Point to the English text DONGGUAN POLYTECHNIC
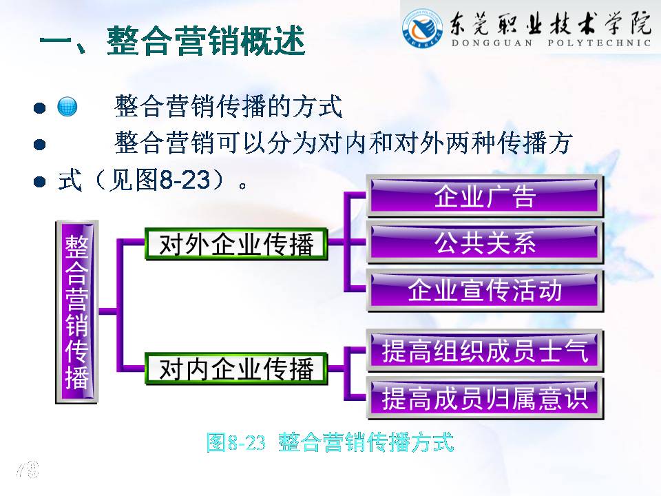tap(551, 43)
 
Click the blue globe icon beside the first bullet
tap(67, 106)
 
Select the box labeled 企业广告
tap(485, 196)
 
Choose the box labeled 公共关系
tap(485, 243)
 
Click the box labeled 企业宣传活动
tap(485, 291)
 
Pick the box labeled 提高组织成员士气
tap(485, 351)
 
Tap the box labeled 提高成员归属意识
tap(485, 398)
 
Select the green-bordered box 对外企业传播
tap(236, 244)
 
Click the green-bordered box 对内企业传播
tap(236, 369)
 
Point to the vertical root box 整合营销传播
tap(76, 311)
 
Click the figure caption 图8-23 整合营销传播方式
tap(330, 442)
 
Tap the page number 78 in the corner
tap(28, 469)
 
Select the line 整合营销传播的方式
tap(228, 106)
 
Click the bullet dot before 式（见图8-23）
tap(39, 182)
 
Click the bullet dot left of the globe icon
tap(39, 107)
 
